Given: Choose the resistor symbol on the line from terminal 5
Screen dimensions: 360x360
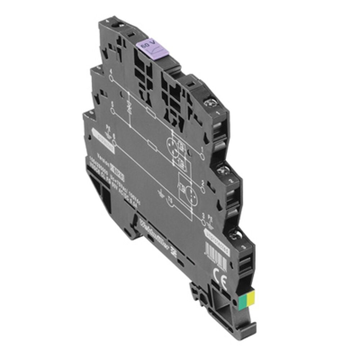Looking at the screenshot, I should click(x=152, y=146).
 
